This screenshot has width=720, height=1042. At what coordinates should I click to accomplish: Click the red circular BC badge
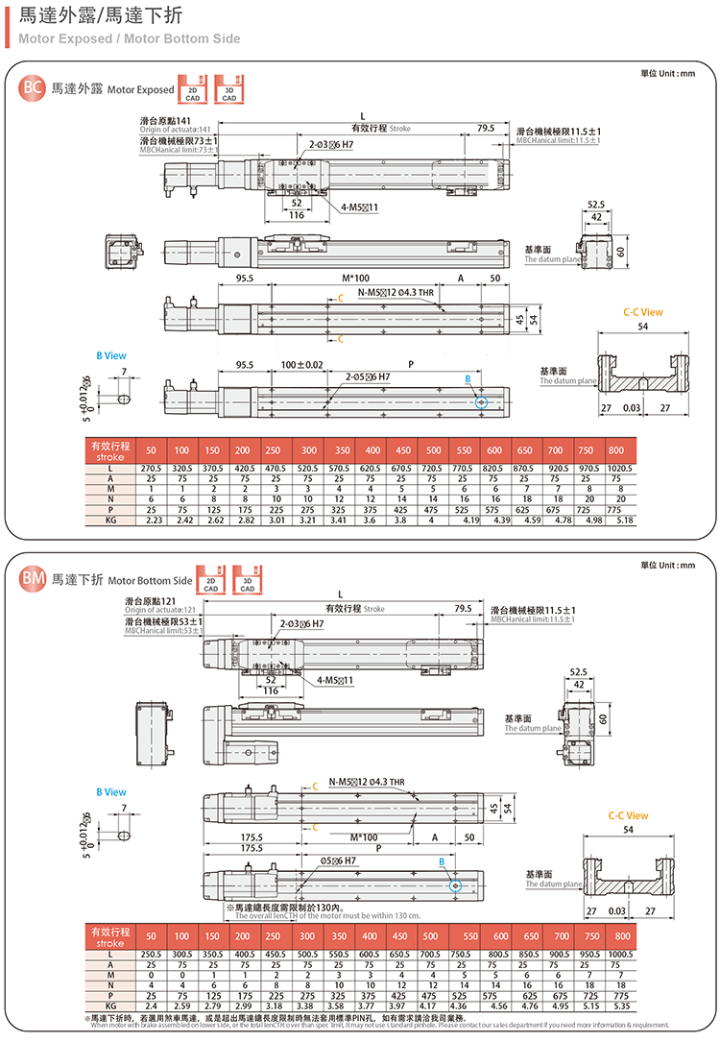[32, 88]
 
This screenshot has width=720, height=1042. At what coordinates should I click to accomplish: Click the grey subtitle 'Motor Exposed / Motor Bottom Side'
[129, 39]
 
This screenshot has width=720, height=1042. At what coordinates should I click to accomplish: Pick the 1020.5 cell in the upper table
[622, 468]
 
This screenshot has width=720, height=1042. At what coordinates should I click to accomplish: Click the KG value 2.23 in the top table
[152, 521]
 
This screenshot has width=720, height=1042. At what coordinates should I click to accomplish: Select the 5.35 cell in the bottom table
[622, 1006]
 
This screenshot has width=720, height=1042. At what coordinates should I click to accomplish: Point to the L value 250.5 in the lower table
[152, 953]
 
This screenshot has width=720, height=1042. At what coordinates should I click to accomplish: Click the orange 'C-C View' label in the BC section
[642, 312]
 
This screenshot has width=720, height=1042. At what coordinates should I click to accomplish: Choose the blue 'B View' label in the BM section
[110, 792]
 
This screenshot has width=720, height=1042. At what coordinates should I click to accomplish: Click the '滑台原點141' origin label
[166, 121]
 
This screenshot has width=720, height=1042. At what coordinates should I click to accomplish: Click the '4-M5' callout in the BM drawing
[335, 680]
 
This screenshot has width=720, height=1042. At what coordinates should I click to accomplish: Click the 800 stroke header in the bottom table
[622, 935]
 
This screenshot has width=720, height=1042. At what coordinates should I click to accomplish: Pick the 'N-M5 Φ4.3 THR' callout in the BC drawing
[396, 292]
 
